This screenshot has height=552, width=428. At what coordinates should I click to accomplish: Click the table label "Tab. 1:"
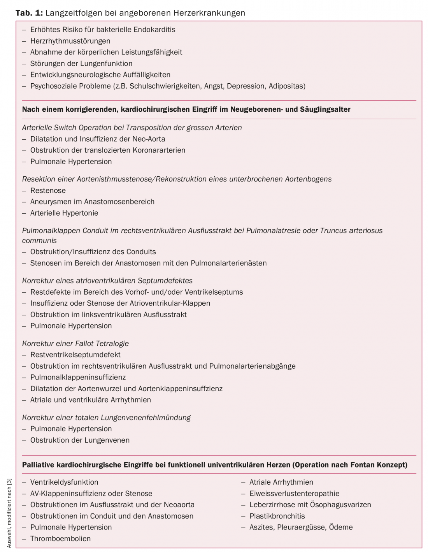[x=29, y=13]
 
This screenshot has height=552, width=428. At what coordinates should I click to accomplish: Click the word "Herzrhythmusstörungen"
[x=70, y=41]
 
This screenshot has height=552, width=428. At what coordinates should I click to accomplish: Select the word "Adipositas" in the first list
[x=287, y=86]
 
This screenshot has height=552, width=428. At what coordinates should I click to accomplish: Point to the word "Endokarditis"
[x=154, y=30]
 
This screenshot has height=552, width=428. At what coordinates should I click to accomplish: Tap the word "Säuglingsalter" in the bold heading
[x=325, y=109]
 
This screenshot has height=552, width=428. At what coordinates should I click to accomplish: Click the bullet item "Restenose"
[x=48, y=190]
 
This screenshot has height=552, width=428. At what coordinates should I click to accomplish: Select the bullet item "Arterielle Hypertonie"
[x=64, y=213]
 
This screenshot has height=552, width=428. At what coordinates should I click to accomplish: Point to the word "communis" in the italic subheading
[x=39, y=241]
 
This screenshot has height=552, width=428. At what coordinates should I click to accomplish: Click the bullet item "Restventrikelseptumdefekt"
[x=75, y=355]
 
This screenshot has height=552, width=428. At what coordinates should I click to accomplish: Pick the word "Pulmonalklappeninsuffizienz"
[x=78, y=377]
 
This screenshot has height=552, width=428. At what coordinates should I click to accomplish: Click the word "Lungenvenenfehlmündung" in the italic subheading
[x=146, y=418]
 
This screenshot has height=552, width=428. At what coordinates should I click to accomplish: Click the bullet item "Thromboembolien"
[x=60, y=539]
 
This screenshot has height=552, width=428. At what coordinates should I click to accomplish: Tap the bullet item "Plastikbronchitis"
[x=277, y=516]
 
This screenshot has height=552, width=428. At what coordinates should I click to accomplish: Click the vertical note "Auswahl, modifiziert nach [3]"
[x=9, y=513]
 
